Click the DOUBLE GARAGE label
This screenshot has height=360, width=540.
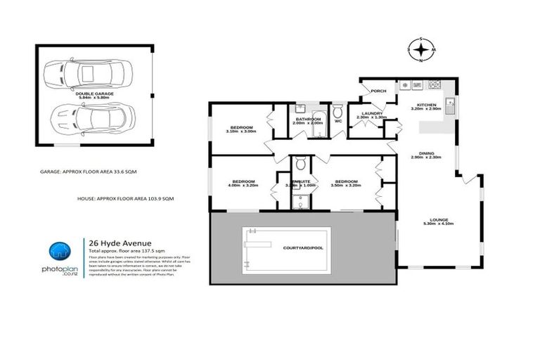point(94,93)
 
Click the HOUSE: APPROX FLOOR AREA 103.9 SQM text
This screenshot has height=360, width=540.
point(126,200)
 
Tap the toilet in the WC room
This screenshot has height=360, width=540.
point(337,112)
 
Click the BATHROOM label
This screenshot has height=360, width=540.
point(308,120)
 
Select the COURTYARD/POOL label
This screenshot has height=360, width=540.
point(366,247)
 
